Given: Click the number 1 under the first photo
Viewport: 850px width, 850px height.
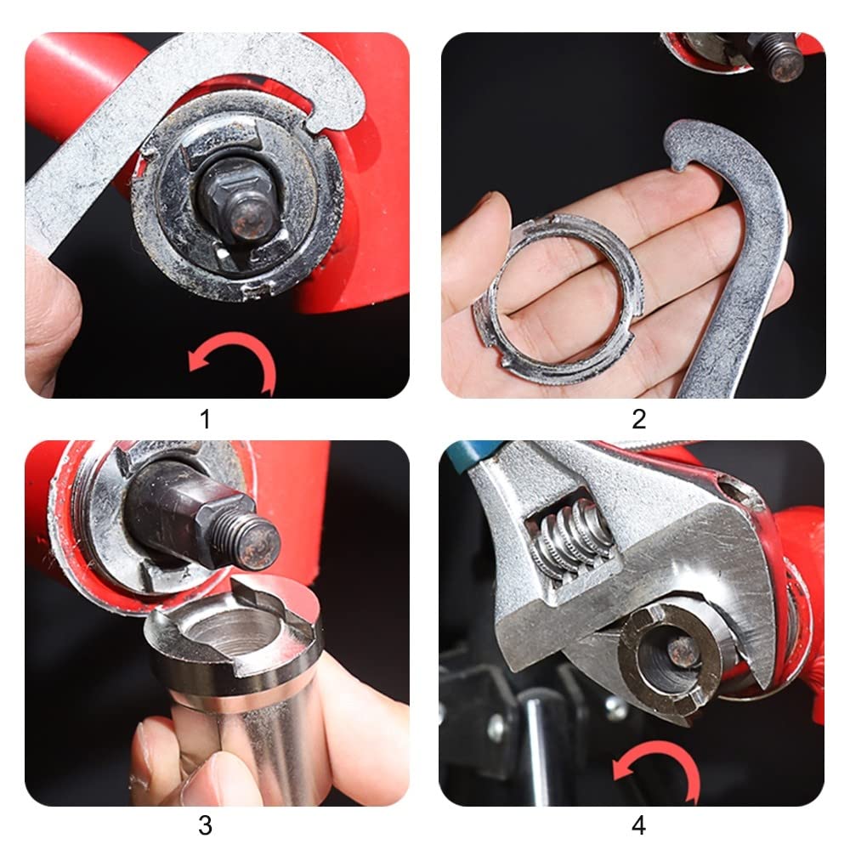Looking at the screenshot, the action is pos(205,419).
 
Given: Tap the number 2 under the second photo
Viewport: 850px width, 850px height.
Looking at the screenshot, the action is pos(638,419).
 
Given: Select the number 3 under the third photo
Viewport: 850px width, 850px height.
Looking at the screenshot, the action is pos(205,825).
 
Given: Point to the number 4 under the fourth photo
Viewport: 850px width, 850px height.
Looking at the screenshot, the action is pos(638,825).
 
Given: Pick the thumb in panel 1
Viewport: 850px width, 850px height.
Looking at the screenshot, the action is pos(52,320).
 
